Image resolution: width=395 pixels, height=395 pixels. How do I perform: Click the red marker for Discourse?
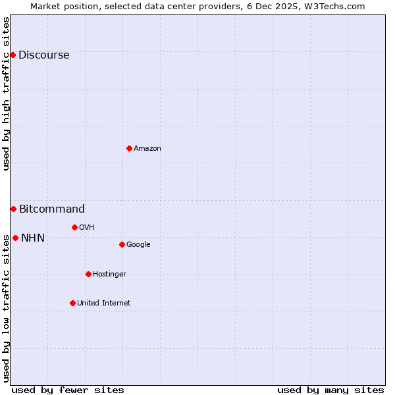[x=13, y=55]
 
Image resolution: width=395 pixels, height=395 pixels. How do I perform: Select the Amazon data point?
[x=129, y=148]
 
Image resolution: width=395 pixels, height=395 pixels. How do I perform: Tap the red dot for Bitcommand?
[x=13, y=209]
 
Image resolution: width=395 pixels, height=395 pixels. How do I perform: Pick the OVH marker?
[x=74, y=227]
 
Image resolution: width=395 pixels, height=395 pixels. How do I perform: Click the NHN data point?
[x=15, y=238]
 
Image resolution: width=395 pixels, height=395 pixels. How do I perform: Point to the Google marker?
[x=122, y=244]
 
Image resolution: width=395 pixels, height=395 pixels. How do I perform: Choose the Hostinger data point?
[x=88, y=274]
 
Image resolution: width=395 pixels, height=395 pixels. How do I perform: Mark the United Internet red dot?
[x=72, y=303]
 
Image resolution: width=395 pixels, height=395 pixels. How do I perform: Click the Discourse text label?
[x=43, y=55]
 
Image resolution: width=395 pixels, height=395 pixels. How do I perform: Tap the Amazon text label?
[x=147, y=149]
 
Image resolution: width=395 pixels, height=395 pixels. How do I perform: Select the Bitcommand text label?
[x=51, y=209]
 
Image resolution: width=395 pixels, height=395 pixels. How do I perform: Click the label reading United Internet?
[x=103, y=303]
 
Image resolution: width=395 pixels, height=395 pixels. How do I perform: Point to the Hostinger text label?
[x=109, y=275]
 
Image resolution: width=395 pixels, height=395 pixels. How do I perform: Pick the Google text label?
[x=138, y=245]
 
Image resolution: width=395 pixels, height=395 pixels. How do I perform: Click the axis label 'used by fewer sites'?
[x=68, y=390]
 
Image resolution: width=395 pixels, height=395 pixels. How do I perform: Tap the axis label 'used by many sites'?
[x=330, y=390]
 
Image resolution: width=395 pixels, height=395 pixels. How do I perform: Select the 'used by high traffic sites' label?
[x=6, y=93]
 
